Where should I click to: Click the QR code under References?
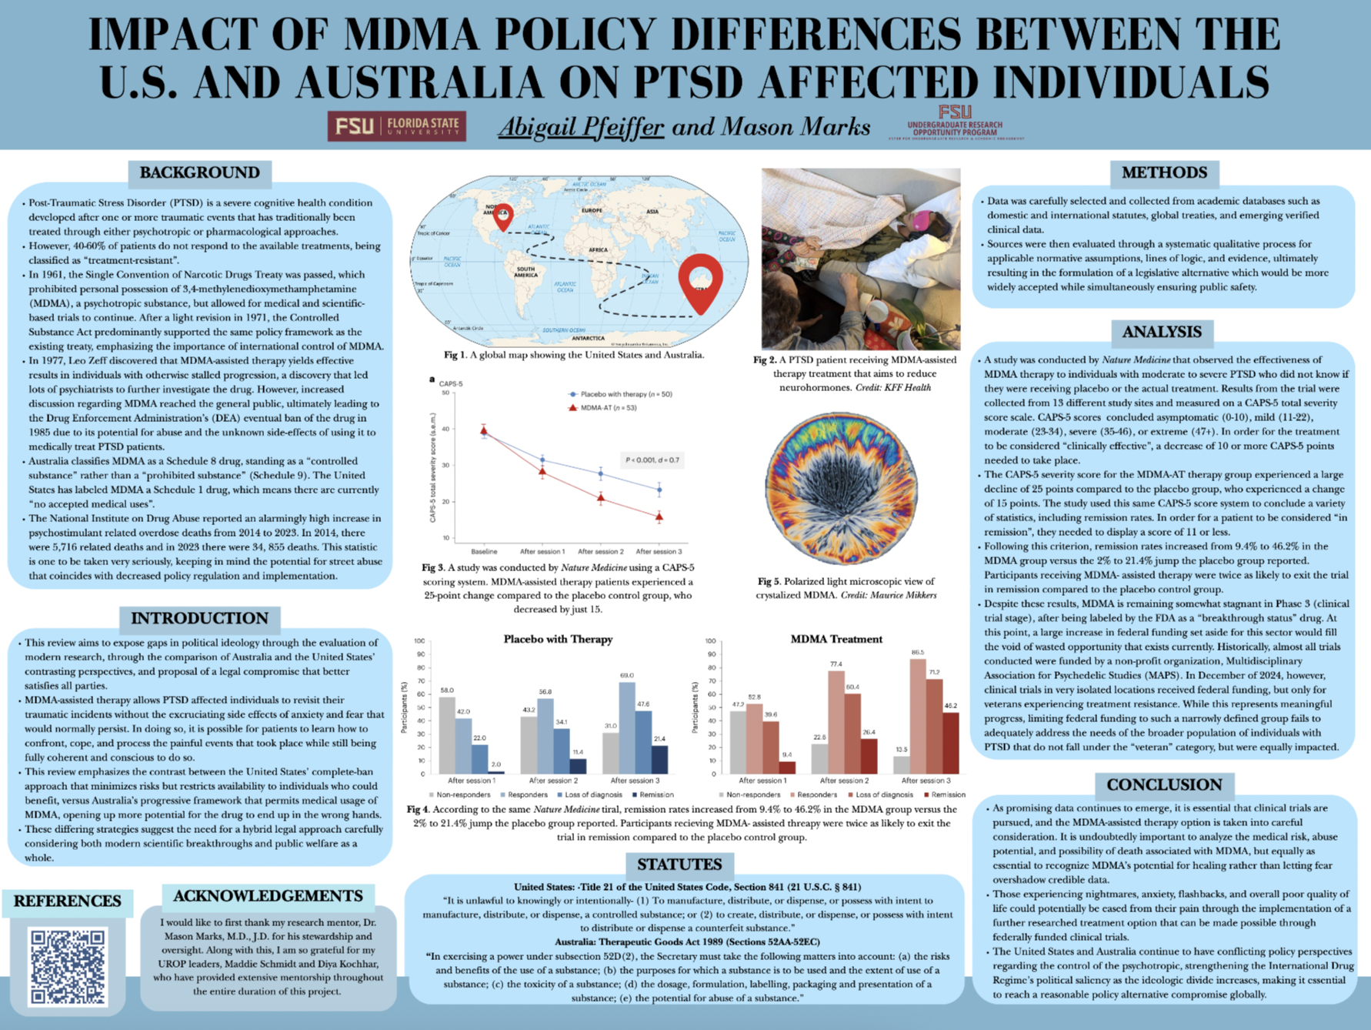(x=68, y=966)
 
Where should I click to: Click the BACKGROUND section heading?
(x=199, y=172)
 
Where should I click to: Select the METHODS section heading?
(x=1163, y=172)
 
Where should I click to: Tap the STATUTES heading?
(x=679, y=864)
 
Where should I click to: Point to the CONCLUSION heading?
(x=1163, y=784)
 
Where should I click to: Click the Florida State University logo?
(x=396, y=125)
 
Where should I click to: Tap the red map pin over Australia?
(x=701, y=281)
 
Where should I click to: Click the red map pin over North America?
(x=503, y=216)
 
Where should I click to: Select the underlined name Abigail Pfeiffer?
(x=581, y=126)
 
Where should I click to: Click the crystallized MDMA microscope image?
(x=842, y=488)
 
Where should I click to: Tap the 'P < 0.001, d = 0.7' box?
(x=652, y=460)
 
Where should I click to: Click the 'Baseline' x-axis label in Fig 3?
(x=484, y=551)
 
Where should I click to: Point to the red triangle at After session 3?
(x=659, y=517)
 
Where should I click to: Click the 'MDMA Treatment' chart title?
(x=836, y=639)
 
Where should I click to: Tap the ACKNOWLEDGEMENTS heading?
(x=268, y=896)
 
